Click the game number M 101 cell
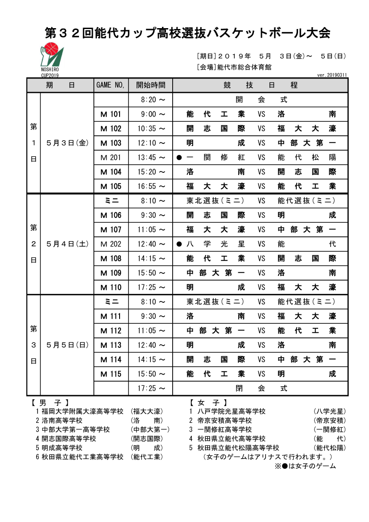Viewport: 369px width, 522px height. [x=111, y=114]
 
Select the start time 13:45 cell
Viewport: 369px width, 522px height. [x=151, y=157]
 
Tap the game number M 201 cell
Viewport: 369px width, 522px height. [x=111, y=157]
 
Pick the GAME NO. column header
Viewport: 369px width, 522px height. [x=111, y=85]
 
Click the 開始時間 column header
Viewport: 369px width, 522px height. [x=150, y=85]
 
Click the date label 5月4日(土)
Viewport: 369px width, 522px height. [x=67, y=244]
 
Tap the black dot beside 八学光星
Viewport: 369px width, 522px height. [x=179, y=244]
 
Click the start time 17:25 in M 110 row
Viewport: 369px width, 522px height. [x=151, y=287]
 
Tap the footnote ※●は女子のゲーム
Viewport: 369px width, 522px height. [x=305, y=466]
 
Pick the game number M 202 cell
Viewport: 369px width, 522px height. [x=111, y=244]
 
